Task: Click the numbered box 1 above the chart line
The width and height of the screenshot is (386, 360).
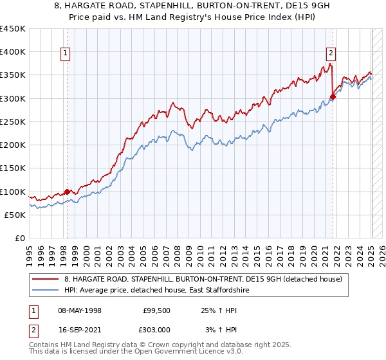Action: tap(66, 53)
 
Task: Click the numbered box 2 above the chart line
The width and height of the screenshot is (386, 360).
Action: tap(331, 53)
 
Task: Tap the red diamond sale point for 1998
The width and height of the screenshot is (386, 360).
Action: tap(67, 192)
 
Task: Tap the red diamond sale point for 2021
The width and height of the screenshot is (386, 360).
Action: tap(333, 97)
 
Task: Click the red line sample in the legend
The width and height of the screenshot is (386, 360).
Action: tap(45, 279)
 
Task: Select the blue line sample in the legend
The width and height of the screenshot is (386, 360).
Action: tap(45, 291)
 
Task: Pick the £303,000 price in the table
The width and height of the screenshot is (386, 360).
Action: tap(158, 330)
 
